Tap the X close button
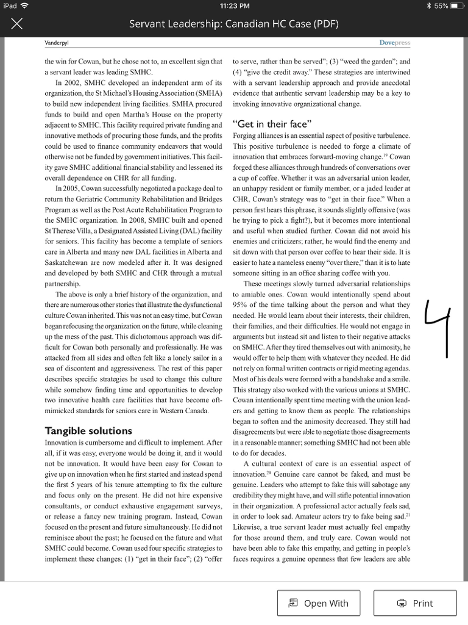(x=17, y=24)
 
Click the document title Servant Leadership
(x=233, y=24)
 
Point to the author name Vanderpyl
(x=57, y=43)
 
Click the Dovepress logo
(x=394, y=43)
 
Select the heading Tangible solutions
(x=88, y=431)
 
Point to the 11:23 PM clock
(x=233, y=6)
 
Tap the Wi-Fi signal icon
(x=24, y=6)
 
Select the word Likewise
(x=247, y=528)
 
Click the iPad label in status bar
(x=10, y=6)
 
